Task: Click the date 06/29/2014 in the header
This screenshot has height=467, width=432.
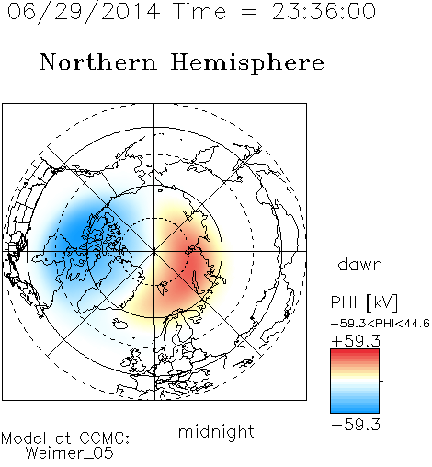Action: pyautogui.click(x=84, y=12)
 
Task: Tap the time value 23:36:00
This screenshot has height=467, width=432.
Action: pyautogui.click(x=324, y=12)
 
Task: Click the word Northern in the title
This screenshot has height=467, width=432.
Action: pyautogui.click(x=98, y=62)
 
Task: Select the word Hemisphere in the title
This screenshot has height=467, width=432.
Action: pyautogui.click(x=247, y=63)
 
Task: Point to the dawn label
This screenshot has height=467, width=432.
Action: pyautogui.click(x=360, y=264)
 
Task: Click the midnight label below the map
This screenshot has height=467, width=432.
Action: pyautogui.click(x=216, y=432)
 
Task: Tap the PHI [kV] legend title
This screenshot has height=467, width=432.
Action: pyautogui.click(x=364, y=302)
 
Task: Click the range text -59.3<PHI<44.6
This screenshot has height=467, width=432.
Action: pyautogui.click(x=381, y=324)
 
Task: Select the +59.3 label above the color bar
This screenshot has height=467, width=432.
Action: pyautogui.click(x=356, y=341)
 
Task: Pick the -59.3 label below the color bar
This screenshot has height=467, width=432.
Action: pyautogui.click(x=356, y=425)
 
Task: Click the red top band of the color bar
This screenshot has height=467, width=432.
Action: pyautogui.click(x=355, y=353)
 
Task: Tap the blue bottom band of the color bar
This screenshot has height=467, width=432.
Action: pyautogui.click(x=355, y=409)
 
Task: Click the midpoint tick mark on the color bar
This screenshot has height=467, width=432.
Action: pyautogui.click(x=381, y=381)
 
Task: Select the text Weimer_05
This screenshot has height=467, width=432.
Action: pyautogui.click(x=70, y=453)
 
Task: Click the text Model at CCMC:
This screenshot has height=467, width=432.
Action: pyautogui.click(x=65, y=439)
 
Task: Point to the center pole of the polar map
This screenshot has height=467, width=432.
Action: pyautogui.click(x=154, y=251)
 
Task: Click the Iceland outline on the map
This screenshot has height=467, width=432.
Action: pyautogui.click(x=119, y=324)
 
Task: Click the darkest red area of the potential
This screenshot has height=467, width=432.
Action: pyautogui.click(x=191, y=260)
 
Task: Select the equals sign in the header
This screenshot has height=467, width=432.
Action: pyautogui.click(x=248, y=12)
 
